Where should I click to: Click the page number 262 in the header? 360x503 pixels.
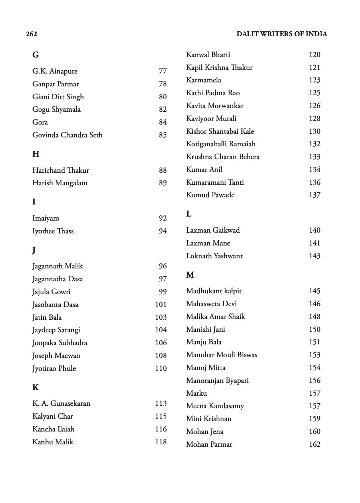[31, 34]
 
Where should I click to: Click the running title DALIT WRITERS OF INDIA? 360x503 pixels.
[282, 34]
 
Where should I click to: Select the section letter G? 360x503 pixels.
[35, 55]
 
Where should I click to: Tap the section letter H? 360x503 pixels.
[36, 154]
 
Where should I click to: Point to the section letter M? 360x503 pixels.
[190, 275]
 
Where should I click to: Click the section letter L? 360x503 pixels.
[189, 214]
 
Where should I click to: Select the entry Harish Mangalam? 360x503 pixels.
[60, 183]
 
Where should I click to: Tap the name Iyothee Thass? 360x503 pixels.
[53, 231]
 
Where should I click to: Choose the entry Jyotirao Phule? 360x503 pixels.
[54, 368]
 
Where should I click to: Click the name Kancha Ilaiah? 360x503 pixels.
[53, 429]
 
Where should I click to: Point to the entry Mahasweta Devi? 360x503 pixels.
[211, 304]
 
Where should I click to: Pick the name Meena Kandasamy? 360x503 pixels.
[215, 406]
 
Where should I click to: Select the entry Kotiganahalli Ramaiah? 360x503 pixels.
[221, 144]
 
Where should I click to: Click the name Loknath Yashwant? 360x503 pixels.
[215, 256]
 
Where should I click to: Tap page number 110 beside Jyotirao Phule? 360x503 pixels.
[161, 368]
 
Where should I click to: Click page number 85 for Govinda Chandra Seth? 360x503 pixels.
[163, 135]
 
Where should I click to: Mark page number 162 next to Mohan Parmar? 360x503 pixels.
[315, 444]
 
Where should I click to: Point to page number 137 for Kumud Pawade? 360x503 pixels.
[315, 195]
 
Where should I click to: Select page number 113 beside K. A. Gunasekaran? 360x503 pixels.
[161, 403]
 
